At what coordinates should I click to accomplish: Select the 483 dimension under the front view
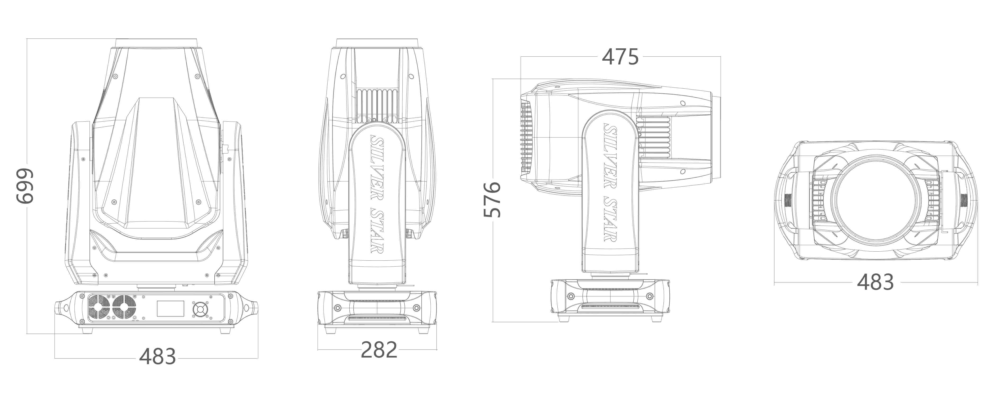pos(158,356)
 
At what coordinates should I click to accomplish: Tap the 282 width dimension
pos(379,350)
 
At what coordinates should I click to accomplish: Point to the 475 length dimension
pos(620,57)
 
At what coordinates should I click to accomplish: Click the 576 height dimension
pos(492,199)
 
